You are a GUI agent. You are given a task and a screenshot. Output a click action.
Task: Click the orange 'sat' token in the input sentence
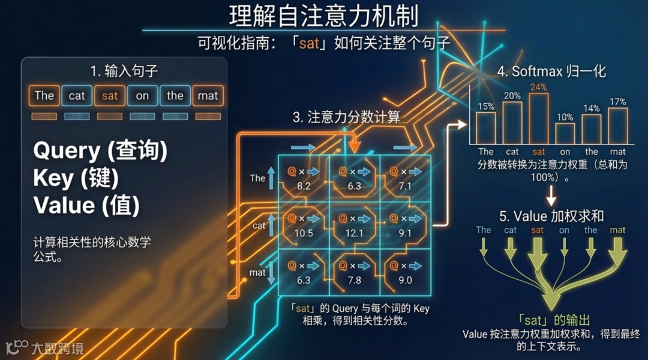pyautogui.click(x=110, y=95)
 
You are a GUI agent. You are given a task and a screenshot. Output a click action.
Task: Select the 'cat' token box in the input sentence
pyautogui.click(x=77, y=95)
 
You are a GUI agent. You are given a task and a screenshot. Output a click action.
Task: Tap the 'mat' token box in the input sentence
pyautogui.click(x=208, y=95)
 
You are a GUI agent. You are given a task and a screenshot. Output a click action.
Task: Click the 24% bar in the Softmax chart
pyautogui.click(x=538, y=118)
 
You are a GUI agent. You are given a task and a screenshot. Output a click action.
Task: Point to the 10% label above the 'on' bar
pyautogui.click(x=565, y=117)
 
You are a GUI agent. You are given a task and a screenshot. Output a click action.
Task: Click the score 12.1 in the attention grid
pyautogui.click(x=354, y=233)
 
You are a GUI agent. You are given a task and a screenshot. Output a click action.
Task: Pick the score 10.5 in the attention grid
pyautogui.click(x=304, y=233)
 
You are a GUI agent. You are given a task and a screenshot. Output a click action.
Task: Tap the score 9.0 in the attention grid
pyautogui.click(x=404, y=280)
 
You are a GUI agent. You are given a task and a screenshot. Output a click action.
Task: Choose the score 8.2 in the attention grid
pyautogui.click(x=304, y=186)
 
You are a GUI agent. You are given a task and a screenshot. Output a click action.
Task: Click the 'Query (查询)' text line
pyautogui.click(x=100, y=151)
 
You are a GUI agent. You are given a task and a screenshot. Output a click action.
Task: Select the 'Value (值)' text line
pyautogui.click(x=86, y=206)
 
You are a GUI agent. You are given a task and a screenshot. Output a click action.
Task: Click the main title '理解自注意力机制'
pyautogui.click(x=323, y=16)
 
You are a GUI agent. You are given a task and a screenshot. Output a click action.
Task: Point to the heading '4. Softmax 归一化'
pyautogui.click(x=551, y=71)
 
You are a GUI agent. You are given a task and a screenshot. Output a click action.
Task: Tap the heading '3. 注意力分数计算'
pyautogui.click(x=346, y=117)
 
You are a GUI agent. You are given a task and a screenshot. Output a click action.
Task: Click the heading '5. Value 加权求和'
pyautogui.click(x=551, y=215)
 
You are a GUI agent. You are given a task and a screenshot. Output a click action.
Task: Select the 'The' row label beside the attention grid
pyautogui.click(x=257, y=178)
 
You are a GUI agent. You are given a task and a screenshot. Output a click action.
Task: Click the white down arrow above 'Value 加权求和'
pyautogui.click(x=551, y=196)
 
